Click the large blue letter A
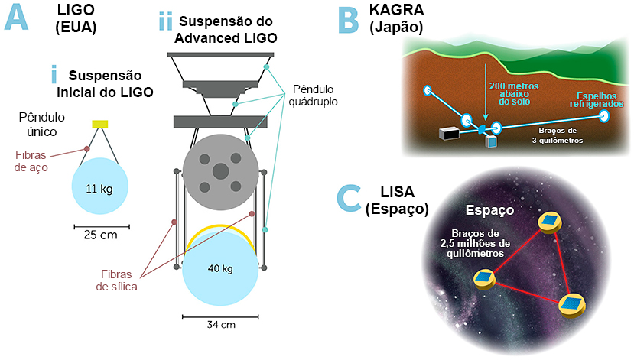[17, 18]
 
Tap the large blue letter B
[348, 21]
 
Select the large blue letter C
[349, 197]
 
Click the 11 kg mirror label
[99, 189]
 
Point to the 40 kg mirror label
[220, 268]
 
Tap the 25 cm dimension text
[101, 235]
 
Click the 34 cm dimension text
[221, 324]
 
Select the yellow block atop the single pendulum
[100, 124]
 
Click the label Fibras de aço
[31, 161]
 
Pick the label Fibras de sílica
[116, 281]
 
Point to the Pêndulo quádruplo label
[314, 96]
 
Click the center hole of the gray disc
[221, 171]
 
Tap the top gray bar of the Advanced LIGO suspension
[220, 54]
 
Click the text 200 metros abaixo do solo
[514, 94]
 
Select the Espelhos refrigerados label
[597, 100]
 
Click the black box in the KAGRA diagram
[449, 133]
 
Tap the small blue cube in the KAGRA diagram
[491, 141]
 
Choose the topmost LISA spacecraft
[550, 223]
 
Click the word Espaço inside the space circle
[489, 210]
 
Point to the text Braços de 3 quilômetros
[558, 135]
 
